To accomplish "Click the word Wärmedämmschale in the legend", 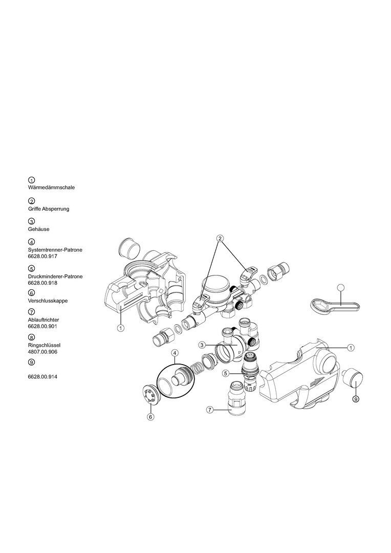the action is pyautogui.click(x=51, y=187).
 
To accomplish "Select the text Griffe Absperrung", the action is pyautogui.click(x=49, y=209).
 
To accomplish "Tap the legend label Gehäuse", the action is pyautogui.click(x=39, y=229).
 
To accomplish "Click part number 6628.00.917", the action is pyautogui.click(x=42, y=257).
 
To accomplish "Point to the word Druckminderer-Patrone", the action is pyautogui.click(x=55, y=276).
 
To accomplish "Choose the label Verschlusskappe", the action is pyautogui.click(x=48, y=301).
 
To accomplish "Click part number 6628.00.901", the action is pyautogui.click(x=42, y=326).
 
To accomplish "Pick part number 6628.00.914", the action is pyautogui.click(x=42, y=377).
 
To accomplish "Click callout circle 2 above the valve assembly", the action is pyautogui.click(x=220, y=239).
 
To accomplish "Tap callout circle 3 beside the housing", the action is pyautogui.click(x=202, y=345).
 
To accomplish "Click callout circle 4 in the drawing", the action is pyautogui.click(x=175, y=352).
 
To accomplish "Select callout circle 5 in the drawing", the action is pyautogui.click(x=227, y=372).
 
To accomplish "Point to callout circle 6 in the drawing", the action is pyautogui.click(x=150, y=416).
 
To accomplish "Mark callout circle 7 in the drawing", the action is pyautogui.click(x=210, y=410).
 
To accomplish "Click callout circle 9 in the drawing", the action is pyautogui.click(x=356, y=399).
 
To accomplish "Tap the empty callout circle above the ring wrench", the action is pyautogui.click(x=340, y=287).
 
